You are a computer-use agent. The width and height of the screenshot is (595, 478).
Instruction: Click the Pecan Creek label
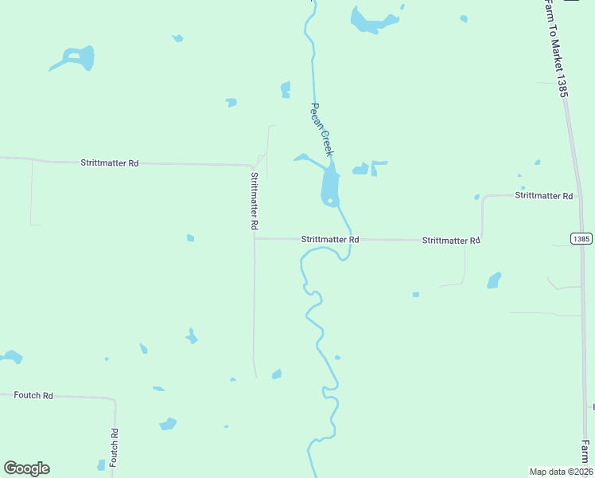coord(321,128)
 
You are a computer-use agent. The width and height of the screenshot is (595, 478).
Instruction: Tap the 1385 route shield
coord(581,238)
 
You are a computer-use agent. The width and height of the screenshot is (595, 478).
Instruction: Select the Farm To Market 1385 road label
coord(554,48)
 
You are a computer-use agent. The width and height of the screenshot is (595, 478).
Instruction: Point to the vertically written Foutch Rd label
coord(115,449)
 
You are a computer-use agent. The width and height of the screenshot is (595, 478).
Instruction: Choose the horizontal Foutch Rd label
coord(33,395)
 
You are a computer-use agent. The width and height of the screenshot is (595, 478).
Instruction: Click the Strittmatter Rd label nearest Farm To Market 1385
coord(544,195)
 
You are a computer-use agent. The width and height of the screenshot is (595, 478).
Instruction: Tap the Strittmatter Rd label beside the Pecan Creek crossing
coord(330,239)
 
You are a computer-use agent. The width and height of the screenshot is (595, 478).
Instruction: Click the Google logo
coord(26,468)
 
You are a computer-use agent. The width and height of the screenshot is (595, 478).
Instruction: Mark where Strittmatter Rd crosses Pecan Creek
coord(349,239)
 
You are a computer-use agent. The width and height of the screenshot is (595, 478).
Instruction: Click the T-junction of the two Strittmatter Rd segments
coord(255,237)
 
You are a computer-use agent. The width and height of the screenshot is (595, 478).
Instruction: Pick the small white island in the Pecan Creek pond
coord(329,200)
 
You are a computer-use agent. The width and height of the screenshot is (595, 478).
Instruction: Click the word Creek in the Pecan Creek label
coord(326,140)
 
